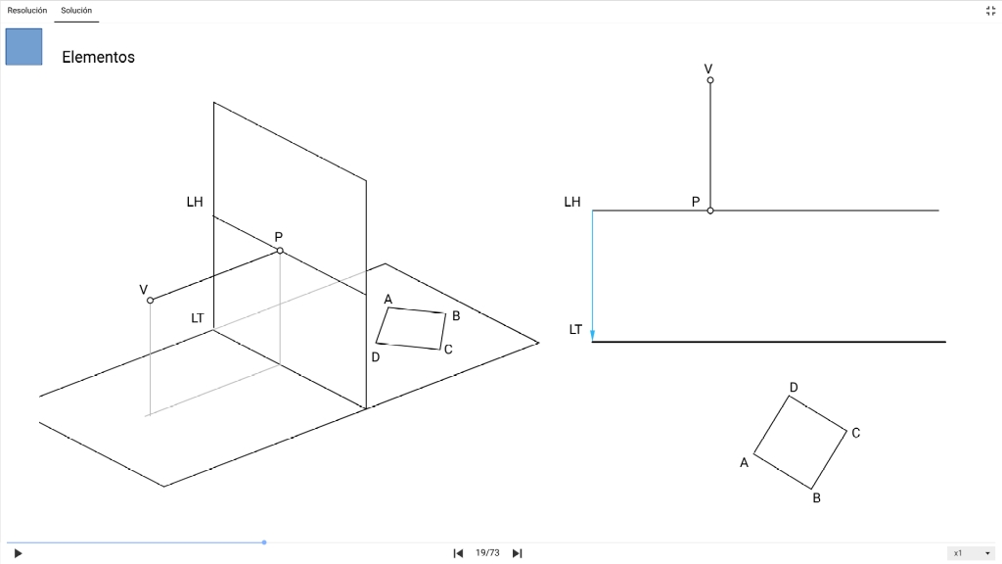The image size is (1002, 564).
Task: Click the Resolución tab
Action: [x=26, y=10]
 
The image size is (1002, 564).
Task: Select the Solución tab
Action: [x=76, y=10]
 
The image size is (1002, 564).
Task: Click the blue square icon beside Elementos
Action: [x=23, y=47]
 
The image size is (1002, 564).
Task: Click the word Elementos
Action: [x=99, y=57]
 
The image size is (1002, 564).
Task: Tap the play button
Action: [x=18, y=553]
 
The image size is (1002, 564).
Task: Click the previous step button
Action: [x=458, y=553]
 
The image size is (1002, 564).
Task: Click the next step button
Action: [x=517, y=553]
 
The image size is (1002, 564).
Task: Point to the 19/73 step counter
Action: [x=487, y=553]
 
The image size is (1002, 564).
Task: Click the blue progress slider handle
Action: [x=264, y=542]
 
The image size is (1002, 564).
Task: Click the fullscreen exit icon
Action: [x=990, y=10]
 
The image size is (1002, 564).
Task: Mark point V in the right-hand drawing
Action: [x=710, y=80]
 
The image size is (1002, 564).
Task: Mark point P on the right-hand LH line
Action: [x=710, y=211]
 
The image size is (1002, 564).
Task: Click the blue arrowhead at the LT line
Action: [x=592, y=336]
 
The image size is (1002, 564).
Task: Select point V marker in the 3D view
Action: [x=150, y=300]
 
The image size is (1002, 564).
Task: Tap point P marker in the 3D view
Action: [x=280, y=250]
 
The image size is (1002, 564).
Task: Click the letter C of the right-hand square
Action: [x=855, y=433]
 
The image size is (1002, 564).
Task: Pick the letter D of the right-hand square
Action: [x=794, y=387]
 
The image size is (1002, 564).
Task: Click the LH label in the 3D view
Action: [x=195, y=202]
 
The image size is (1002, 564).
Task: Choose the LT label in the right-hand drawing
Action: [x=575, y=329]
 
